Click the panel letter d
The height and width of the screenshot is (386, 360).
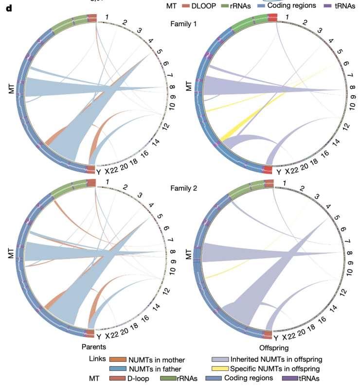[9, 9]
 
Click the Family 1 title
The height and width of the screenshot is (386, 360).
[184, 24]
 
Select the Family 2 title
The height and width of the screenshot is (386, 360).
[184, 188]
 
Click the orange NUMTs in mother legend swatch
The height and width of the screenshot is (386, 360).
[117, 360]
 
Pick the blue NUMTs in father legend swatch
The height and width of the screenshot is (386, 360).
[117, 369]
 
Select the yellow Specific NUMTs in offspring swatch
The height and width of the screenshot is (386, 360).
[220, 369]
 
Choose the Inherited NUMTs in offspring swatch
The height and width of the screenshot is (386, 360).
[220, 360]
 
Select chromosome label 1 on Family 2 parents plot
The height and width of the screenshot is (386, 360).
[107, 182]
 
